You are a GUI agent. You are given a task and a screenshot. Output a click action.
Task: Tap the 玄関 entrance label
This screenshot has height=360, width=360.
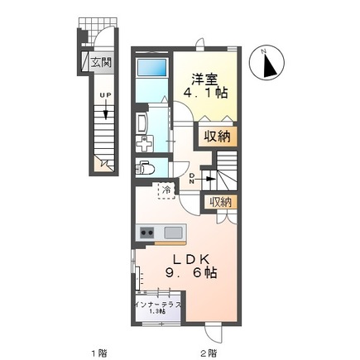[x=100, y=61]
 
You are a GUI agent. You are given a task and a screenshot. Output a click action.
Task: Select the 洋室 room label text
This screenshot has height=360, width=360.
[x=205, y=79]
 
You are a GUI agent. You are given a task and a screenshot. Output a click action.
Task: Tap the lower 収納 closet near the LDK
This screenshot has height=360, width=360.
[x=220, y=201]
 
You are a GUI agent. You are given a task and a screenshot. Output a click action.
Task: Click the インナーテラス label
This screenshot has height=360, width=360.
[x=156, y=305]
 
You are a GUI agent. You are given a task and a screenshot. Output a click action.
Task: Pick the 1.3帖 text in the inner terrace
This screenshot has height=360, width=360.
[x=156, y=314]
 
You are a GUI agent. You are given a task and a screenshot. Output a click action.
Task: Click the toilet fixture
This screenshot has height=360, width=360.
[x=146, y=168]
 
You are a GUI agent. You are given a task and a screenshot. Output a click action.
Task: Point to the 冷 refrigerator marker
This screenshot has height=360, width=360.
[x=166, y=190]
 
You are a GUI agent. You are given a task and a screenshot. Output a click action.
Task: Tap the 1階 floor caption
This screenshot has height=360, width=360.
[x=98, y=352]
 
